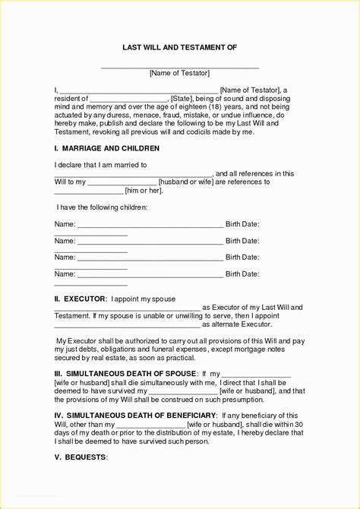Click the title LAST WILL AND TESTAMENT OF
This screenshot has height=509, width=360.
point(180,47)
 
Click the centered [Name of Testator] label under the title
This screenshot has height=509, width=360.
point(180,73)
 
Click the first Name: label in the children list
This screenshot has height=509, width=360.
point(65,224)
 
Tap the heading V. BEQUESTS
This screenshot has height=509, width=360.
point(81,458)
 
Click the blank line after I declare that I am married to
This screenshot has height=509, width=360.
point(133,175)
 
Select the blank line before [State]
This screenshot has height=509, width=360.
point(128,100)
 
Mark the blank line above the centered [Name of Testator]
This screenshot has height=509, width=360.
point(180,65)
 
